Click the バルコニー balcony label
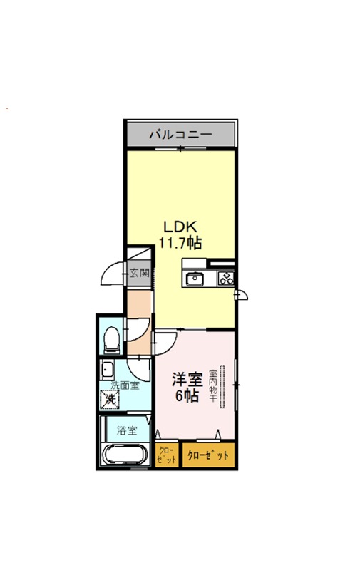180,135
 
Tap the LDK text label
180,227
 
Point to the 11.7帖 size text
180,243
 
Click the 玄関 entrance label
139,273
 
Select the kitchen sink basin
195,279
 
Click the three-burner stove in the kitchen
227,279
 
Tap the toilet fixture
111,339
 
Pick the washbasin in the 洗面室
107,369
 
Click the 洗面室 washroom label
125,385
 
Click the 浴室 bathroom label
127,430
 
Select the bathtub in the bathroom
124,455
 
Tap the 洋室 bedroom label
187,379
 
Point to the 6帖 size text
187,396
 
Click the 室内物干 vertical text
213,386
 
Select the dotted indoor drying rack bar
222,387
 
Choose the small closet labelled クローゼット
167,455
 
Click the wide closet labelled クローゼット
208,455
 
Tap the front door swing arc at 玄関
108,269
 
